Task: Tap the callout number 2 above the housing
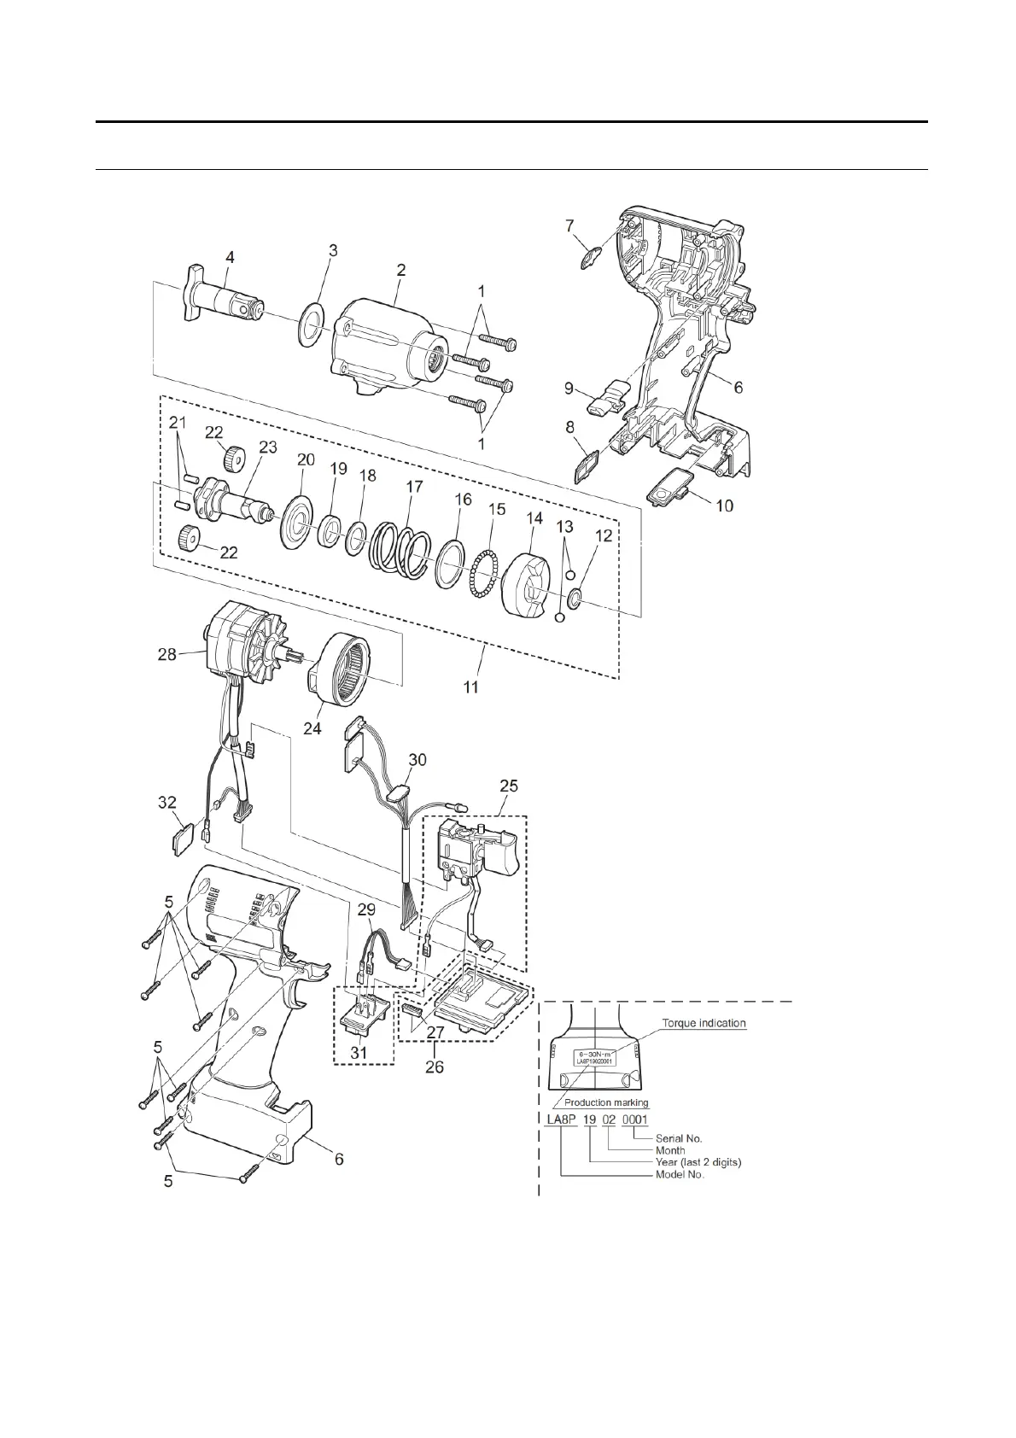point(400,270)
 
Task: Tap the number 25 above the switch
point(509,785)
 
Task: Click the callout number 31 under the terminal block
point(359,1053)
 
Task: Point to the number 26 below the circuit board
point(435,1066)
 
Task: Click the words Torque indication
point(704,1022)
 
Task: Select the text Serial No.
point(679,1137)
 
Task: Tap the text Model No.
point(680,1175)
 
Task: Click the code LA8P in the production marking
point(560,1119)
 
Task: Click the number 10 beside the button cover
point(724,506)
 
